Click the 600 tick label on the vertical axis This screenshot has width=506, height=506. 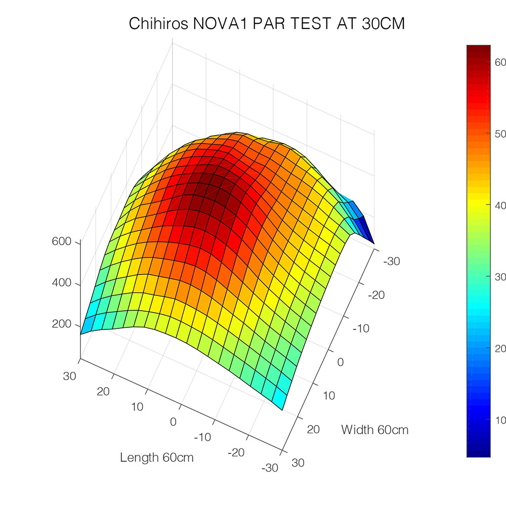pyautogui.click(x=62, y=242)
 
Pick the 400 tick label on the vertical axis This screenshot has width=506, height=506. pyautogui.click(x=62, y=283)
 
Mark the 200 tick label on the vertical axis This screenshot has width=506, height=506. pyautogui.click(x=62, y=324)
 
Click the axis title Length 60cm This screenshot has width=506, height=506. pyautogui.click(x=157, y=457)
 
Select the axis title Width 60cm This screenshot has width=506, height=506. pyautogui.click(x=375, y=430)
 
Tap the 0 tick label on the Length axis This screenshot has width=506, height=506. pyautogui.click(x=173, y=422)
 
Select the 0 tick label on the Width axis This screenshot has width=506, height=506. pyautogui.click(x=340, y=362)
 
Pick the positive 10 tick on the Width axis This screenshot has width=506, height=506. pyautogui.click(x=328, y=395)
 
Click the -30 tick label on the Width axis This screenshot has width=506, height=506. pyautogui.click(x=392, y=262)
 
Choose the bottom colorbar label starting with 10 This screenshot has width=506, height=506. pyautogui.click(x=500, y=419)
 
